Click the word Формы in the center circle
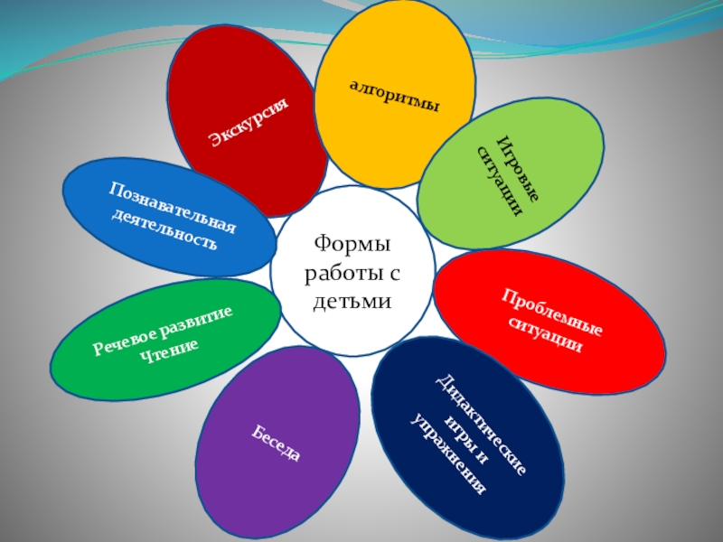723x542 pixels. coord(352,244)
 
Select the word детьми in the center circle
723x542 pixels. coord(352,299)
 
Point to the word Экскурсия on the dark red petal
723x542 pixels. coord(248,121)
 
